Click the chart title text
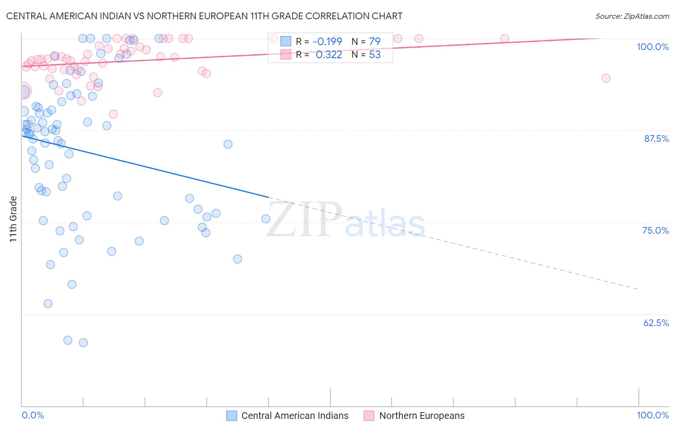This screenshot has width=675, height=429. click(204, 16)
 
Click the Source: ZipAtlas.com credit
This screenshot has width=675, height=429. click(632, 16)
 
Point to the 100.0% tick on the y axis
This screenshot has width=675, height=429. click(652, 47)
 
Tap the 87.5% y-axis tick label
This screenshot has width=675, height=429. click(656, 139)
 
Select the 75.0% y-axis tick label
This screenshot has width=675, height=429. click(655, 230)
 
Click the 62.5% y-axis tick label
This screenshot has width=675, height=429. click(656, 323)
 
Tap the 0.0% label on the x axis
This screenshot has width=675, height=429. click(33, 415)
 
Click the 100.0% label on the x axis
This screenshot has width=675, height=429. click(652, 415)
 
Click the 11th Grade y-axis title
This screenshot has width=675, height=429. click(13, 219)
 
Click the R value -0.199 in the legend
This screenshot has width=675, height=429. click(327, 41)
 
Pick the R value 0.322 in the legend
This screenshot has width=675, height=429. click(329, 55)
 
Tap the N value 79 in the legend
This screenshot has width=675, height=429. click(374, 41)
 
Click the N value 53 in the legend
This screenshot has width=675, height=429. click(374, 55)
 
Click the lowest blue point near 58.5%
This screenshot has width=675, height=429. click(84, 343)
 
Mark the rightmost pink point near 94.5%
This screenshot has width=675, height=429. click(606, 78)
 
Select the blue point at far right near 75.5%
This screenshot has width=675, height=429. click(265, 219)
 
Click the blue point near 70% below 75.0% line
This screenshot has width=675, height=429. click(237, 259)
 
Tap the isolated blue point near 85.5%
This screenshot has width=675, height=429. click(228, 144)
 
